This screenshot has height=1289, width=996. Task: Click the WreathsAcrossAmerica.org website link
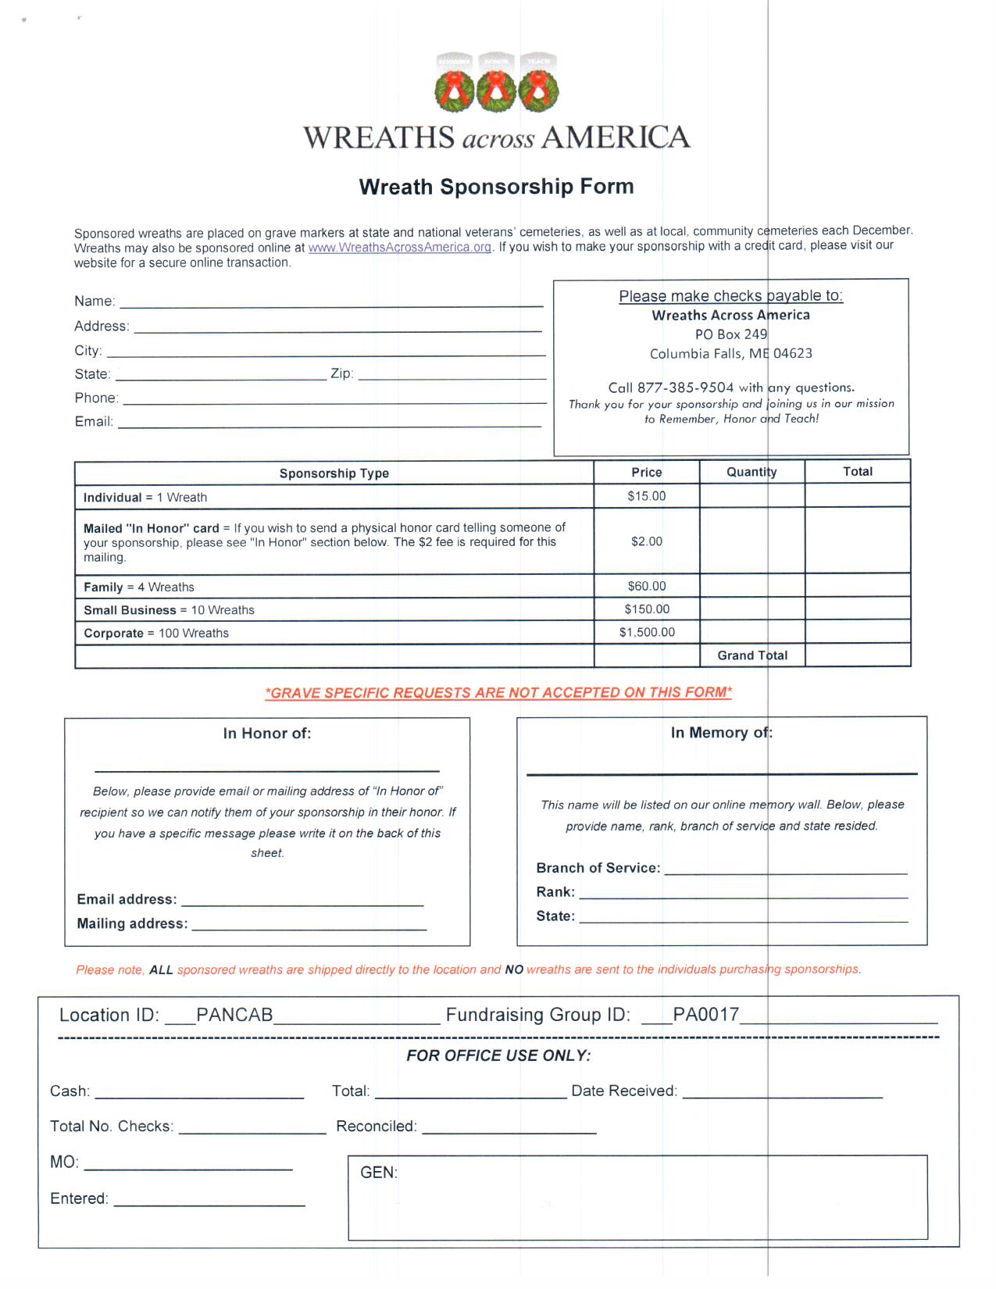coord(399,248)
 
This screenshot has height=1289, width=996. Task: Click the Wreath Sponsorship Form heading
coord(496,187)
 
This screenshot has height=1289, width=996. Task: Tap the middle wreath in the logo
coord(496,89)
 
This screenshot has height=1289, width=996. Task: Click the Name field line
coord(330,303)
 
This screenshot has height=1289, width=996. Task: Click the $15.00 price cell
coord(646,496)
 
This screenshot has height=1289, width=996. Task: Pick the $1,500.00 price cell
coord(646,632)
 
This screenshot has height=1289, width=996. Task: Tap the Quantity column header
coord(751,472)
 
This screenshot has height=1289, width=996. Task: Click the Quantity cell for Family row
coord(751,586)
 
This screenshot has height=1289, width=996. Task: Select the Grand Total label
coord(752,655)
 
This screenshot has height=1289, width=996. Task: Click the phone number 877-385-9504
coord(685,387)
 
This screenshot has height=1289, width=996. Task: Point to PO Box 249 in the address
coord(730,334)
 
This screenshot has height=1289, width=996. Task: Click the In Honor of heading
coord(267,734)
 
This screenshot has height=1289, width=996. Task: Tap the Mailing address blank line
coord(309,927)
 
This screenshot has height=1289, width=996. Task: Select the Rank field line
coord(743,894)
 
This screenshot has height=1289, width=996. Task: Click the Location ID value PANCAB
coord(234,1015)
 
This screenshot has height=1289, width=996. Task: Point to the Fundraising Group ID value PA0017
coord(705,1015)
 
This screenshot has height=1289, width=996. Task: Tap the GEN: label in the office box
coord(379,1173)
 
